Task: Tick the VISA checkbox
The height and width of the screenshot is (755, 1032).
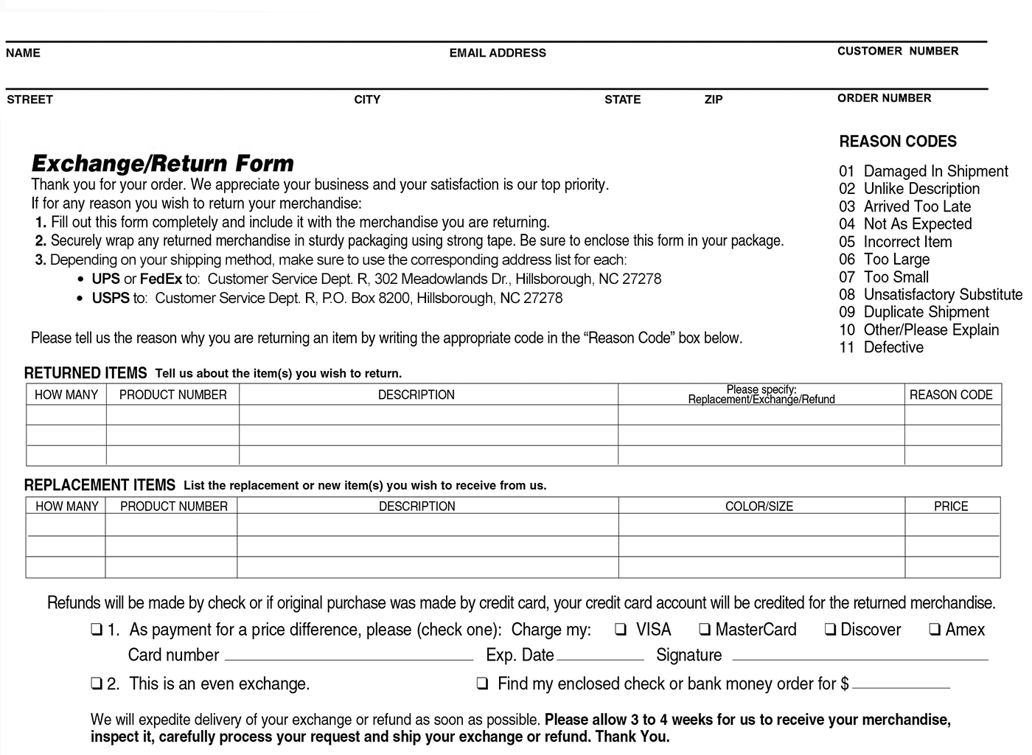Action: click(x=621, y=630)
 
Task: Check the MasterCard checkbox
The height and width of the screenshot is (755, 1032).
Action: click(x=705, y=630)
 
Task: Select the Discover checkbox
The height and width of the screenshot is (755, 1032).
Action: click(x=830, y=630)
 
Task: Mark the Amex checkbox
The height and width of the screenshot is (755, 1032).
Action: click(x=935, y=630)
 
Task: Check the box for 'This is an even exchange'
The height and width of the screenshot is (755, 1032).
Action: click(x=97, y=684)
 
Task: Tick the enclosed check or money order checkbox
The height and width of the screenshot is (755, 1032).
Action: click(x=482, y=684)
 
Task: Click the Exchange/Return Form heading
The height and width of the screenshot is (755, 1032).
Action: click(x=162, y=163)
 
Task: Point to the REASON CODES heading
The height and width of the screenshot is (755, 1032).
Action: click(x=897, y=142)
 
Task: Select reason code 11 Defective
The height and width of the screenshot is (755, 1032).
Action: click(x=881, y=347)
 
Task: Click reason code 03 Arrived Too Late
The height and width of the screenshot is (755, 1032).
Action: click(x=904, y=206)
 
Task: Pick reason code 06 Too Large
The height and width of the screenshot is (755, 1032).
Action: click(x=884, y=260)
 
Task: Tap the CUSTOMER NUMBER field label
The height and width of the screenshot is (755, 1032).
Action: click(x=897, y=51)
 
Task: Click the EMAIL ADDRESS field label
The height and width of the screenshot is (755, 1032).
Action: click(x=498, y=53)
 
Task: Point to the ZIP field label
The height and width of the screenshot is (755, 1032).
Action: click(x=713, y=100)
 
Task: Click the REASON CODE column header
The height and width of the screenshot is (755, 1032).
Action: click(x=950, y=395)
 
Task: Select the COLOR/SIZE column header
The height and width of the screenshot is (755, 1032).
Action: click(x=759, y=507)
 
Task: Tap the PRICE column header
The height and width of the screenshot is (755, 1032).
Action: click(x=950, y=507)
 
